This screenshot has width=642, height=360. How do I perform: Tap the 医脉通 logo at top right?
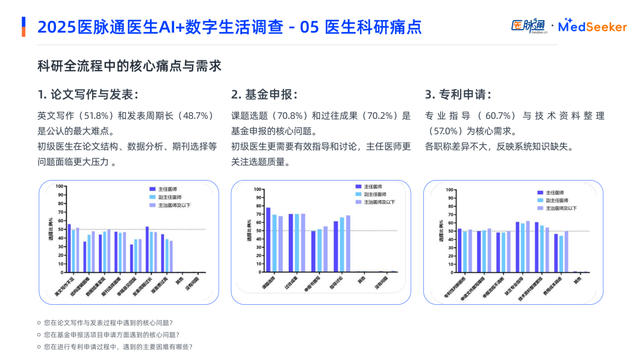click(x=528, y=26)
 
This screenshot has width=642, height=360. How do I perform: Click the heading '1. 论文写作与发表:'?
click(x=89, y=95)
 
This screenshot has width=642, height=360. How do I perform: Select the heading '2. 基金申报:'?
click(x=264, y=95)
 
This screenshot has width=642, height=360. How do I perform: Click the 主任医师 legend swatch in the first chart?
click(x=152, y=188)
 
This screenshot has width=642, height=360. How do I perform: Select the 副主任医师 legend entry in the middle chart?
click(x=358, y=194)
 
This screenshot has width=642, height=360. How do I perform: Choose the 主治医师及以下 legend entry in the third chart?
click(x=540, y=209)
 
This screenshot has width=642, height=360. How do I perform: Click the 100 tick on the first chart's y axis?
click(x=59, y=187)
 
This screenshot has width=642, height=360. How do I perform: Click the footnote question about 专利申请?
click(x=118, y=347)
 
